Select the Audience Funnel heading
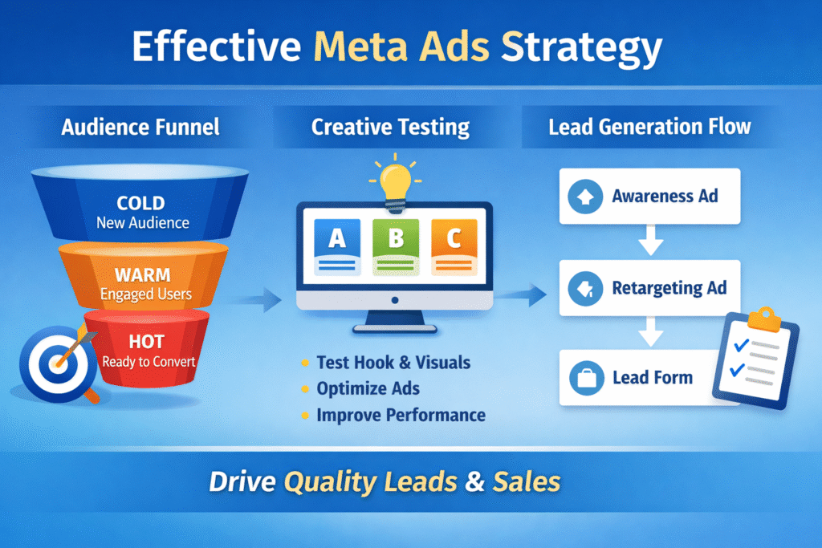(x=140, y=127)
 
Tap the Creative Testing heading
(x=390, y=127)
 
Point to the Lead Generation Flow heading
(x=649, y=127)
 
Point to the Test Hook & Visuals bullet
(x=393, y=362)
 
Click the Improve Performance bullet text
(x=401, y=415)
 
